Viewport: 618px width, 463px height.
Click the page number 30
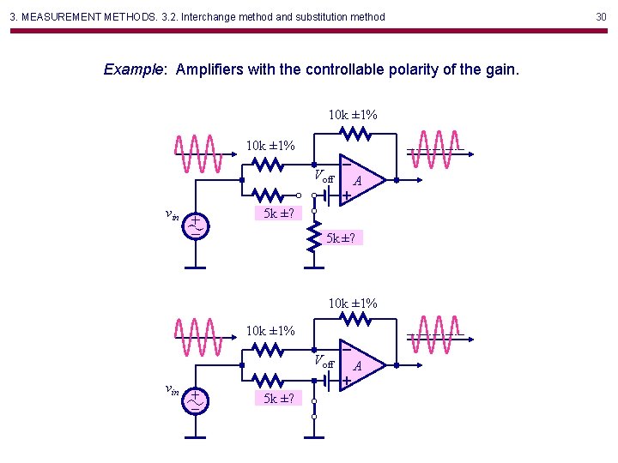pyautogui.click(x=601, y=16)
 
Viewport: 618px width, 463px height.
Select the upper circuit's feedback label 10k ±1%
pyautogui.click(x=353, y=115)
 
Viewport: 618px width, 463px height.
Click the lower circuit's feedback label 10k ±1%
pyautogui.click(x=353, y=303)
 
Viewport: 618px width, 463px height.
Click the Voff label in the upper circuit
pyautogui.click(x=324, y=177)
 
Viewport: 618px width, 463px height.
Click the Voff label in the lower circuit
pyautogui.click(x=324, y=363)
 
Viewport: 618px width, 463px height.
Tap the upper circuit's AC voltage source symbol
pyautogui.click(x=197, y=225)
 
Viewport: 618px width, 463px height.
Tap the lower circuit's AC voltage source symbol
pyautogui.click(x=197, y=399)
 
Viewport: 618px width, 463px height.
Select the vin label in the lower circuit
pyautogui.click(x=172, y=390)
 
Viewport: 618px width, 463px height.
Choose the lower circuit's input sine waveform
pyautogui.click(x=199, y=335)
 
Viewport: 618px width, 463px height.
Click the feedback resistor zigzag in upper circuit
pyautogui.click(x=354, y=134)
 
